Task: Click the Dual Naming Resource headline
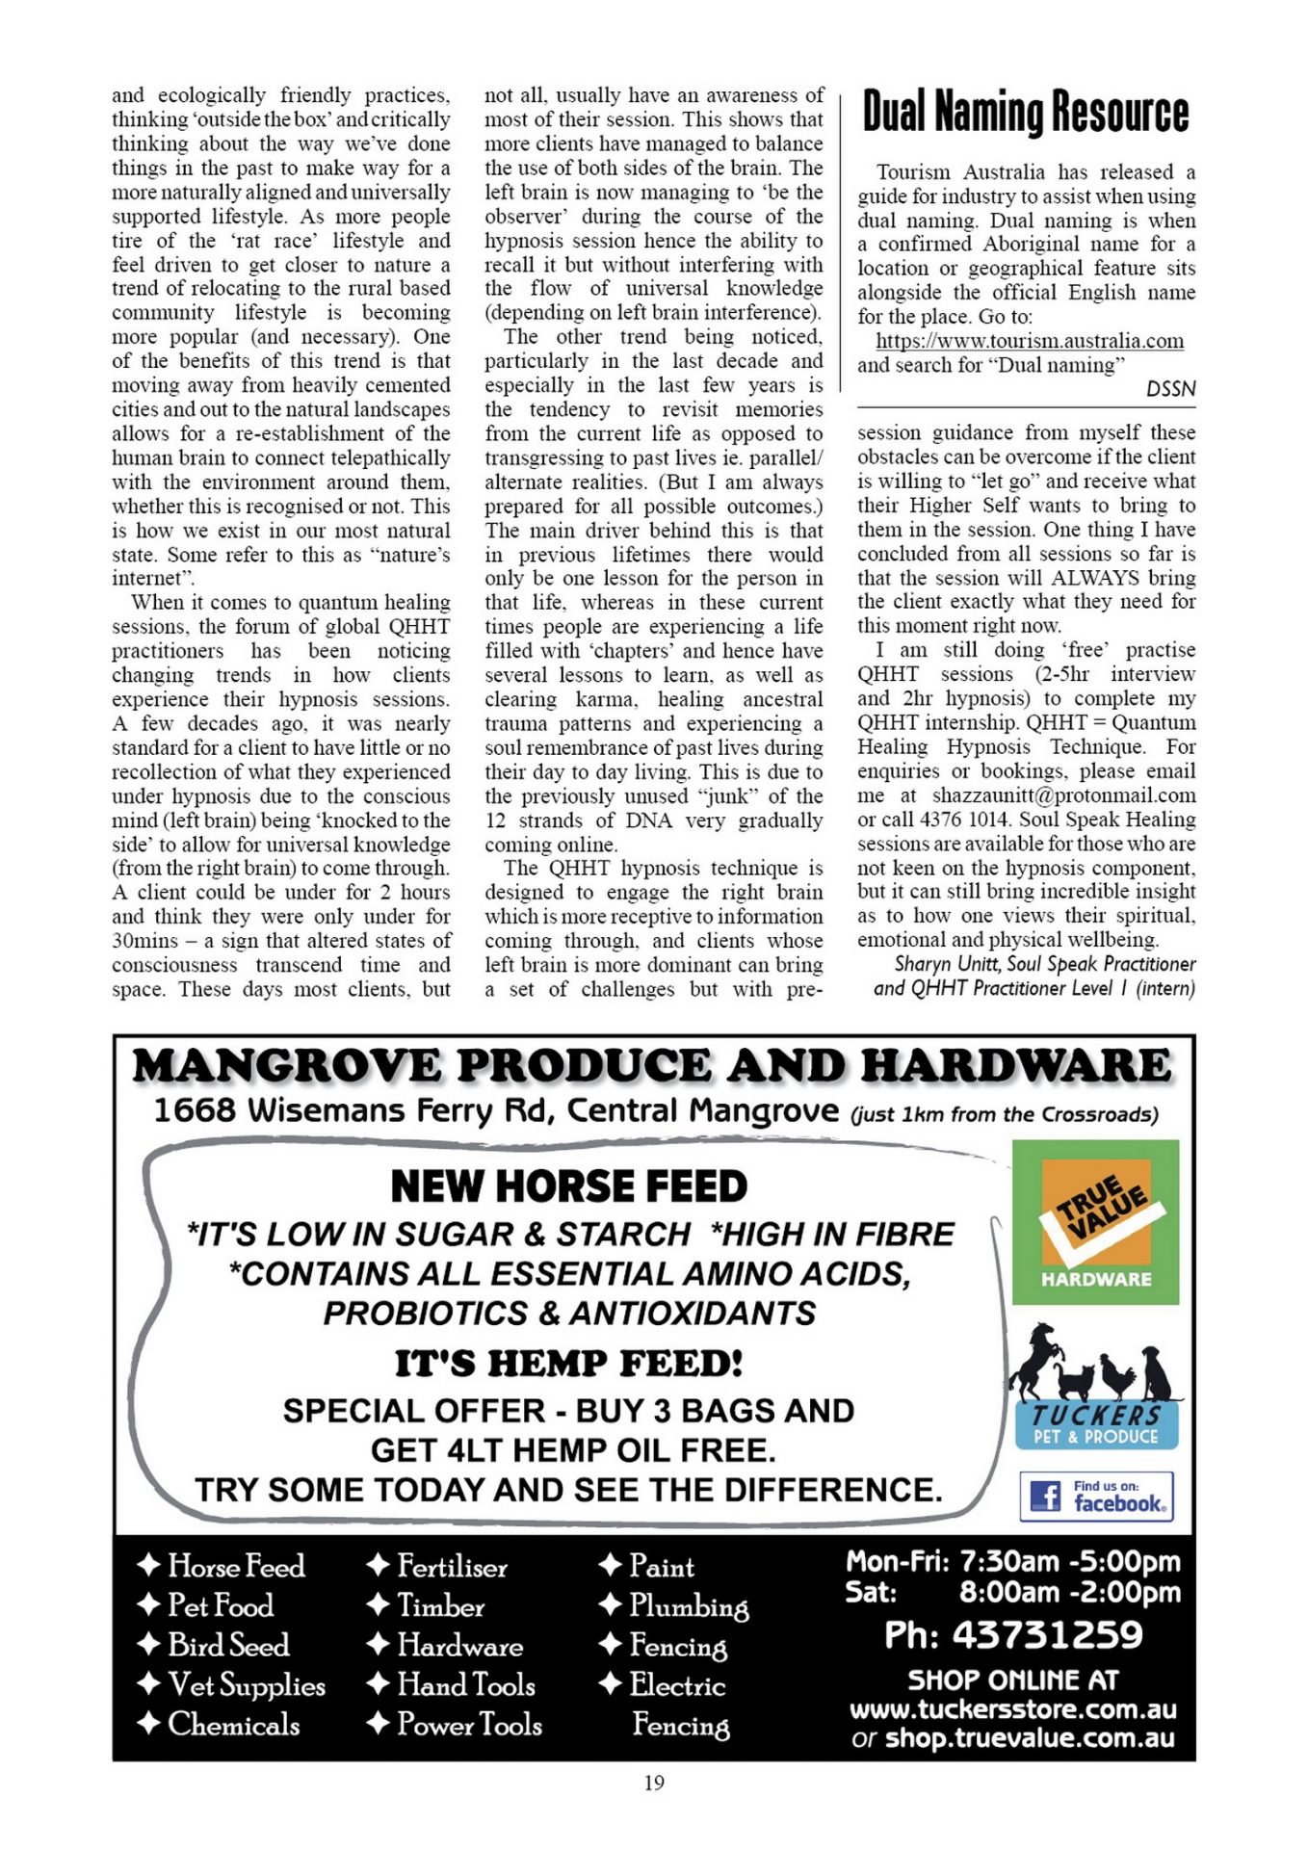pyautogui.click(x=1026, y=113)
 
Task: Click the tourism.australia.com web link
pyautogui.click(x=1029, y=342)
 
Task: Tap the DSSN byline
pyautogui.click(x=1170, y=389)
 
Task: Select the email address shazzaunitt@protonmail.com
pyautogui.click(x=1063, y=795)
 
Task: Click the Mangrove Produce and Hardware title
pyautogui.click(x=652, y=1066)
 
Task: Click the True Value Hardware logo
pyautogui.click(x=1095, y=1222)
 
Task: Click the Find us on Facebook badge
pyautogui.click(x=1096, y=1496)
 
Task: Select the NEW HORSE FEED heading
pyautogui.click(x=568, y=1186)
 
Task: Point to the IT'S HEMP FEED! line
pyautogui.click(x=568, y=1364)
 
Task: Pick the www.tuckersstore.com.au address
pyautogui.click(x=1012, y=1710)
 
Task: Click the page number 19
pyautogui.click(x=654, y=1783)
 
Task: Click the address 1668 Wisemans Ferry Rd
pyautogui.click(x=352, y=1111)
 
